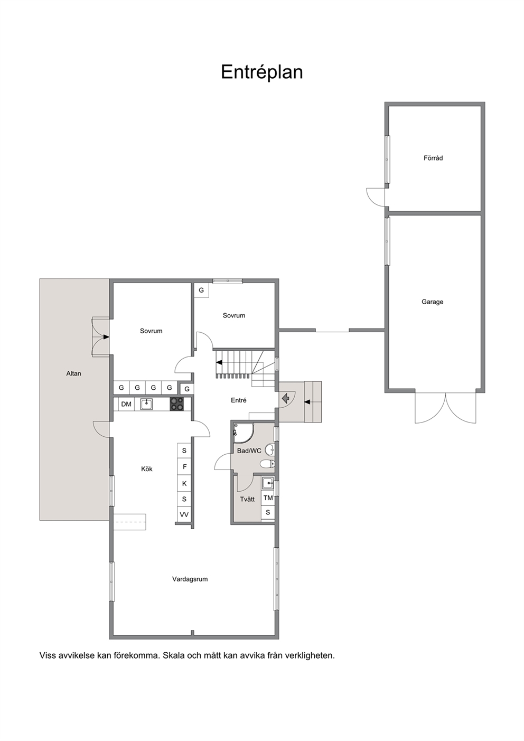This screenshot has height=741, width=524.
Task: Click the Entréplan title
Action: (x=261, y=72)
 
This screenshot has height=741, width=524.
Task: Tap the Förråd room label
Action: (x=433, y=158)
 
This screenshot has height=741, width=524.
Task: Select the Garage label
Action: (x=433, y=302)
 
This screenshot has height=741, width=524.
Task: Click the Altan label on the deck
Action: (x=73, y=373)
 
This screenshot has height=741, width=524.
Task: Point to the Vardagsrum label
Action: (x=190, y=579)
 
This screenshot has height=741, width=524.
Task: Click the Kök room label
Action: (x=146, y=469)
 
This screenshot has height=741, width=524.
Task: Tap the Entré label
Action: (x=239, y=400)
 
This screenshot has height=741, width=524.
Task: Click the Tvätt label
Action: (x=247, y=499)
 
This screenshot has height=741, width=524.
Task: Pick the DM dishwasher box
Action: (x=126, y=404)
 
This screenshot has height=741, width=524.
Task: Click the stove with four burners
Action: (x=176, y=404)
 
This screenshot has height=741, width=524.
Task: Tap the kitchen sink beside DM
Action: (x=146, y=404)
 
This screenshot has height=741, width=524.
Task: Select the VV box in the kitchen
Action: (x=184, y=514)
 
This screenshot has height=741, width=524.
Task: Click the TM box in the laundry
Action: (x=268, y=498)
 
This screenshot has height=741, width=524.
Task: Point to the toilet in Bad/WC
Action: (x=267, y=464)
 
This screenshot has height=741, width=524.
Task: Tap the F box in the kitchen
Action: (x=184, y=467)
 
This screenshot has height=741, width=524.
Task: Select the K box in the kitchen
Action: (x=184, y=483)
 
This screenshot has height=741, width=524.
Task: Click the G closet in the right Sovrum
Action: (x=201, y=290)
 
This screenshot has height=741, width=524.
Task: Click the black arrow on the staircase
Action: (x=219, y=362)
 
